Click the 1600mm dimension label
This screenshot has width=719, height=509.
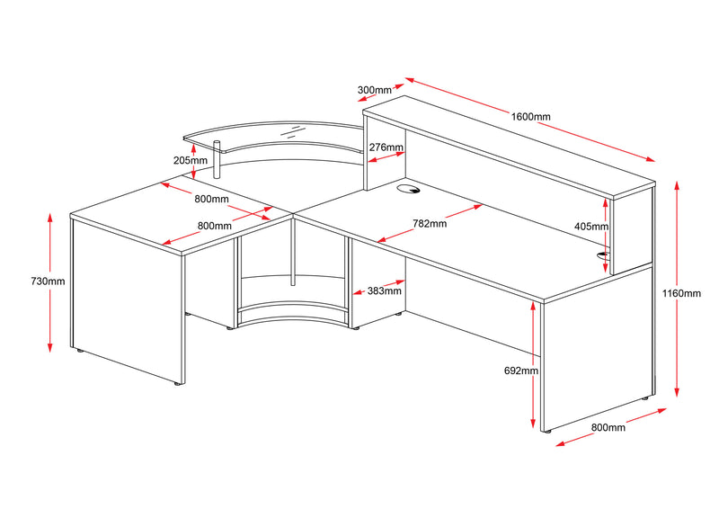coord(530,117)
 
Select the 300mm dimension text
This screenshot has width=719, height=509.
coord(375,90)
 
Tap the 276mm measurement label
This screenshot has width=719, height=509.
coord(385,147)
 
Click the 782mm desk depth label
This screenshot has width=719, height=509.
coord(429,224)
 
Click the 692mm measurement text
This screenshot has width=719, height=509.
coord(521,371)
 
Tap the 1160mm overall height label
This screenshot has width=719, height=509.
coord(688,293)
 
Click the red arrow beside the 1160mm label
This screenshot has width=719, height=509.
coord(676,288)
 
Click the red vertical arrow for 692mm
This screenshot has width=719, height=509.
coord(536,369)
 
